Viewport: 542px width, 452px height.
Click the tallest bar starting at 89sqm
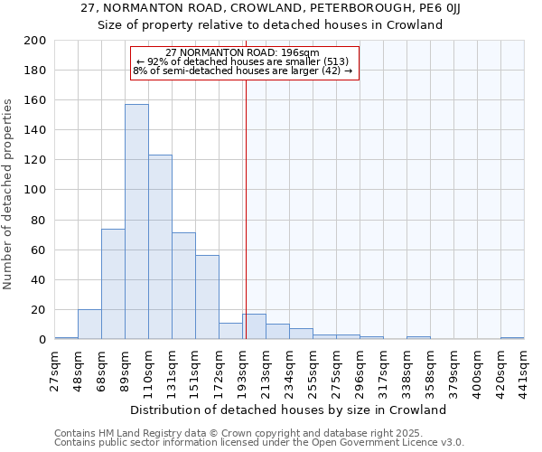point(136,221)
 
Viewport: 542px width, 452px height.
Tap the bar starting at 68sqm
point(113,284)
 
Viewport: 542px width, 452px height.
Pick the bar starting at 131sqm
point(183,286)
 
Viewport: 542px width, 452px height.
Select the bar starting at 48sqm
point(89,324)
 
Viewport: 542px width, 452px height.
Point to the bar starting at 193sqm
point(254,326)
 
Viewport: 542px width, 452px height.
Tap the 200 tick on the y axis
point(35,41)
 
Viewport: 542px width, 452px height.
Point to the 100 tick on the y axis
point(35,190)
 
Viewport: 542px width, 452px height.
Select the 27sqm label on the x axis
point(55,369)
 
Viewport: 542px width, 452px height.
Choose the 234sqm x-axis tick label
point(289,369)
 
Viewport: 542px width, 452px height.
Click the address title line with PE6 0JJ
point(270,8)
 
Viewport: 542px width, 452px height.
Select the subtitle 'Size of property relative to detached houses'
point(270,25)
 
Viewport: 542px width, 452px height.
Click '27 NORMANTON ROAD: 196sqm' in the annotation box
point(243,52)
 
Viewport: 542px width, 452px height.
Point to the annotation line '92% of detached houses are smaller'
point(243,61)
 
